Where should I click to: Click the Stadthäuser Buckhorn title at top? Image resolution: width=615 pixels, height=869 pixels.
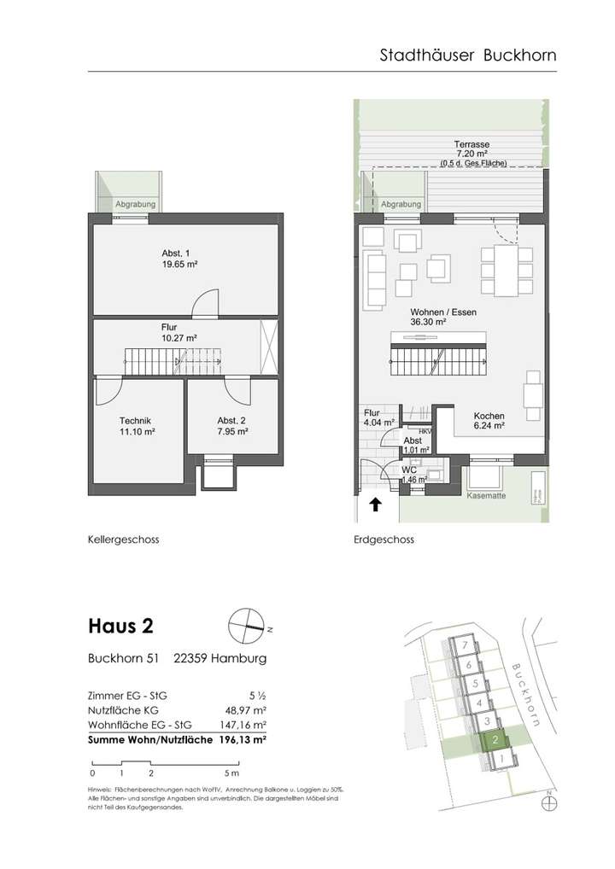click(467, 55)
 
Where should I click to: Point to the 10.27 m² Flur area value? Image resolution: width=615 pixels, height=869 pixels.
click(179, 338)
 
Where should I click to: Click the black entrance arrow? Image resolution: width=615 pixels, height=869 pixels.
click(374, 506)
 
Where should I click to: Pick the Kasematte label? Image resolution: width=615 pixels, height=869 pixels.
click(486, 494)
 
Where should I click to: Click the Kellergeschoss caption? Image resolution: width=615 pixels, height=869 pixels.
click(123, 539)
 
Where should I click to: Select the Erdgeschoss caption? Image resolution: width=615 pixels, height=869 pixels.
click(384, 539)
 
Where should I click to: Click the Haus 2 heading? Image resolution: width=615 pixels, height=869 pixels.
click(120, 626)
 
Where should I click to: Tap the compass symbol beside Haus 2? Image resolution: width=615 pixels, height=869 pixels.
click(244, 626)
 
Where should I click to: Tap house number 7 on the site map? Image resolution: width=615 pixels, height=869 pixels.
click(463, 646)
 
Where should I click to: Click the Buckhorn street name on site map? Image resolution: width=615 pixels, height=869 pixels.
click(524, 694)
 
